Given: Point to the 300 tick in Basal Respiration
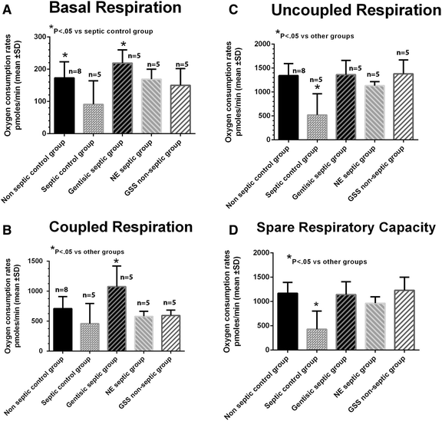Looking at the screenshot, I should [x=39, y=36].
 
